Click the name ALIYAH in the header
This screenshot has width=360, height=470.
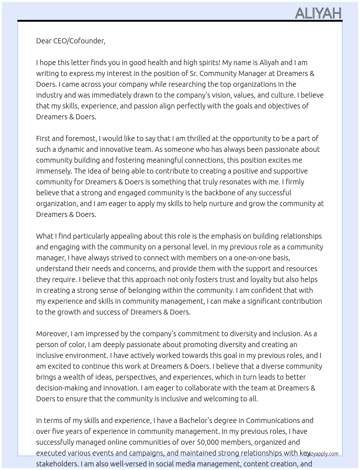point(318,13)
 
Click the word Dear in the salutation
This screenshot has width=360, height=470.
point(44,41)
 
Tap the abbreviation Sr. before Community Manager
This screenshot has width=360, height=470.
point(194,73)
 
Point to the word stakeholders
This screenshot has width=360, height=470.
point(56,464)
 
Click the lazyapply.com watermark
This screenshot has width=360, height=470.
point(321,454)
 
